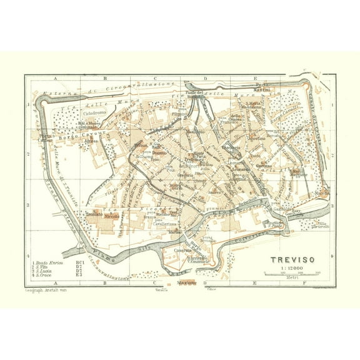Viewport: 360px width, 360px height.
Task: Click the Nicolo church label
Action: point(112,214)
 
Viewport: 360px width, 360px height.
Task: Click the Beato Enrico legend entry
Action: point(49,254)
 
